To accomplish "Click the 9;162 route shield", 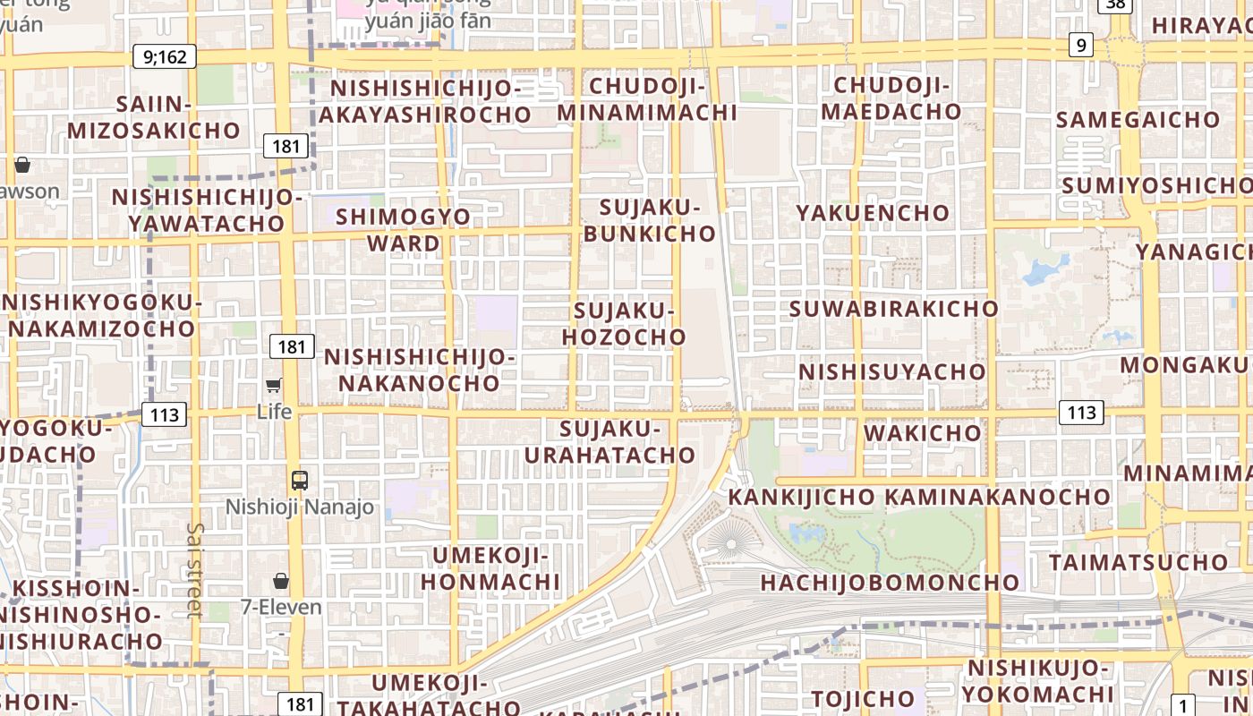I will [165, 57].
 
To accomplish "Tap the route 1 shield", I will [1184, 705].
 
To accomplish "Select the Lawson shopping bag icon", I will [22, 165].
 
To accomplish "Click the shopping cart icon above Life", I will [274, 386].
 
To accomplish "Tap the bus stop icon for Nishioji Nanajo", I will [299, 481].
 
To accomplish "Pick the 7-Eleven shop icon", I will [281, 581].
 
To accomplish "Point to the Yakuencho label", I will [873, 213].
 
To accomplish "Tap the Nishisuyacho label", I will [891, 371].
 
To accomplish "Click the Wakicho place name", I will [922, 433].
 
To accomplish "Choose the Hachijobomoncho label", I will [890, 583].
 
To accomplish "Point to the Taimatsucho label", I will [1138, 563].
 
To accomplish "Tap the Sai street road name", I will [195, 569].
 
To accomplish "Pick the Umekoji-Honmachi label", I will [490, 569].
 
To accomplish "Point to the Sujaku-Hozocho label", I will [624, 324].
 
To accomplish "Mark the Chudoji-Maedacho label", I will [891, 98].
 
